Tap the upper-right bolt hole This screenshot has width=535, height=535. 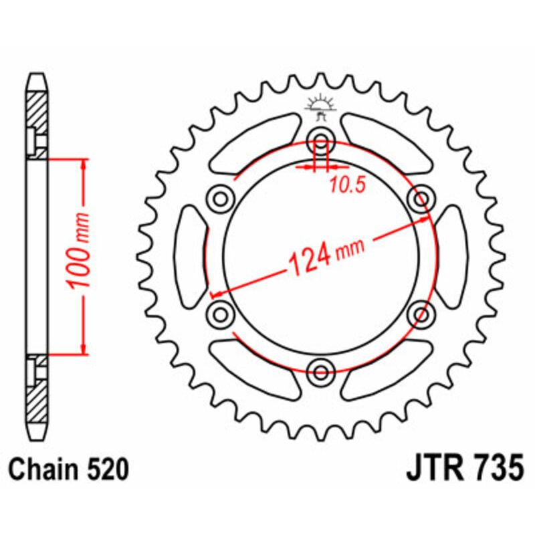pyautogui.click(x=421, y=199)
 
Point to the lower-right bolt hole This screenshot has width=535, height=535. pyautogui.click(x=421, y=314)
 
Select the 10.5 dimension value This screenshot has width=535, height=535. pyautogui.click(x=346, y=187)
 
